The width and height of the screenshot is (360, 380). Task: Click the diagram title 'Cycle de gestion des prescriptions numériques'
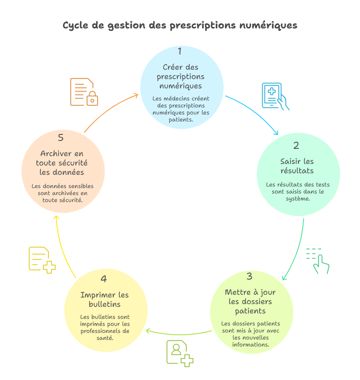click(180, 26)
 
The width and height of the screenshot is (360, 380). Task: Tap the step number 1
click(180, 51)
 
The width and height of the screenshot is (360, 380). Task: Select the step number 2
click(296, 146)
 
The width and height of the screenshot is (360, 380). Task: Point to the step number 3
click(249, 276)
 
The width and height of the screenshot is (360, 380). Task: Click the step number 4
click(104, 279)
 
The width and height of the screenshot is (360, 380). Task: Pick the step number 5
click(61, 138)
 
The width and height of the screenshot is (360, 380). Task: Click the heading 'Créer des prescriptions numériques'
click(180, 76)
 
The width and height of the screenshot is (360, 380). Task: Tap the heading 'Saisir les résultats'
click(297, 166)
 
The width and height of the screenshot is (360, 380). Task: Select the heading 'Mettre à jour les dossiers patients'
click(250, 301)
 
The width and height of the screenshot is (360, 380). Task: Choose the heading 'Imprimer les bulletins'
click(104, 299)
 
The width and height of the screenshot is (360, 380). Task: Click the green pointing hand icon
click(318, 260)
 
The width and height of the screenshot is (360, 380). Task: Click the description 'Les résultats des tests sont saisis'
click(298, 191)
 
